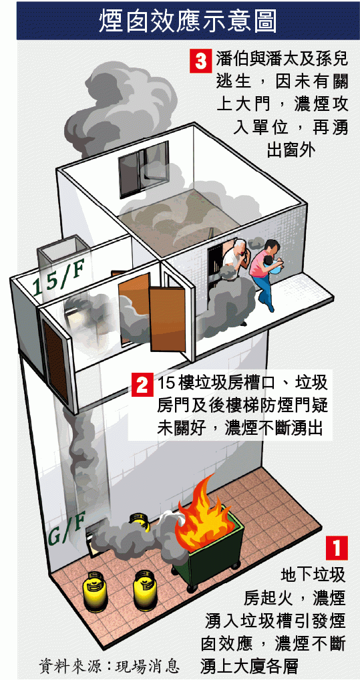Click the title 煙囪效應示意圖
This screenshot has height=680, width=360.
point(188,21)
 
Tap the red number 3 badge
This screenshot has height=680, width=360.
point(200,61)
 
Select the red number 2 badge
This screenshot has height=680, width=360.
point(142,384)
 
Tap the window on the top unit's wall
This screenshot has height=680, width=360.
point(143,169)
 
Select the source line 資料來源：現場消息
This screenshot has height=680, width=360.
point(108,665)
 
